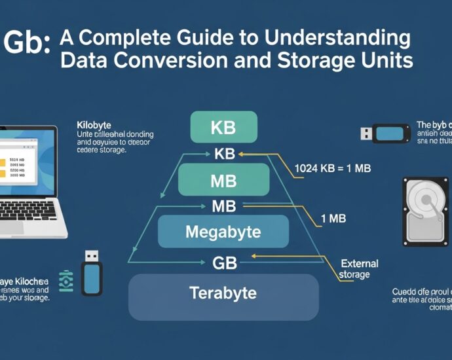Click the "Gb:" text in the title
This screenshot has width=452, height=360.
pos(26,44)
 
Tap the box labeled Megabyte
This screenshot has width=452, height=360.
pos(223,232)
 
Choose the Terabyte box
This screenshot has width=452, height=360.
pos(223,292)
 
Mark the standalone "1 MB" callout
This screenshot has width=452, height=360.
pos(333,219)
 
